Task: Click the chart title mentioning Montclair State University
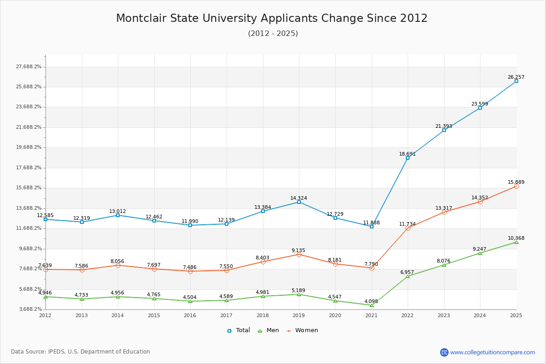[x=272, y=18]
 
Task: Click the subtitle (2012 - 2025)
[x=273, y=34]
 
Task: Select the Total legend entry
[x=238, y=330]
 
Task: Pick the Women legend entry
[x=302, y=330]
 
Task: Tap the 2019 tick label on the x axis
[x=299, y=315]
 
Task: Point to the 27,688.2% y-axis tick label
[x=29, y=67]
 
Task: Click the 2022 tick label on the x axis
[x=408, y=315]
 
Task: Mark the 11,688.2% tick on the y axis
[x=29, y=228]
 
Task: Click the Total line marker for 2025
[x=516, y=81]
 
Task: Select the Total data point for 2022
[x=408, y=158]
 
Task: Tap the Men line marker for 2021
[x=372, y=305]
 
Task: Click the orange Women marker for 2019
[x=299, y=254]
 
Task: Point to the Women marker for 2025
[x=516, y=186]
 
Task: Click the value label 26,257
[x=516, y=77]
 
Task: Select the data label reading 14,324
[x=299, y=198]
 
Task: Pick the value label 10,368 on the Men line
[x=516, y=238]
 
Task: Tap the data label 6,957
[x=407, y=272]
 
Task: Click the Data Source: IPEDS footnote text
[x=81, y=352]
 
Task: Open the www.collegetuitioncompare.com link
[x=492, y=352]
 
